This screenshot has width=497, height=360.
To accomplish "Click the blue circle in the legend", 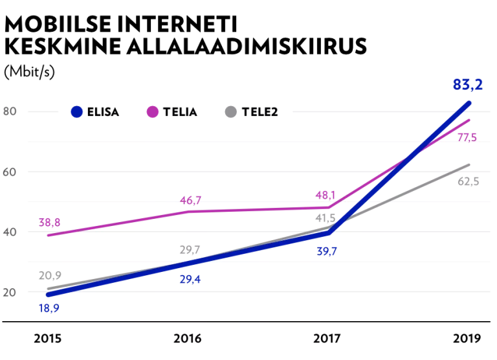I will pos(76,111).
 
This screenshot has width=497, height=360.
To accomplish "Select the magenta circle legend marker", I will pos(153,111).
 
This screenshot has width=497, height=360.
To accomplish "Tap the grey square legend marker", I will pos(230,111).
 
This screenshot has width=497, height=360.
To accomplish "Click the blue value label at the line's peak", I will pos(468,84).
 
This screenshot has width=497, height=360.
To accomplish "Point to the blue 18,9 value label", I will pos(49,309).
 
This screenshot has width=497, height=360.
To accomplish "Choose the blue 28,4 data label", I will pos(190,280).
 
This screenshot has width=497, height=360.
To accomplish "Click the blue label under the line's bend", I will pos(327,251).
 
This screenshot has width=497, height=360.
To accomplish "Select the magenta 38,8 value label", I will pos(49,223).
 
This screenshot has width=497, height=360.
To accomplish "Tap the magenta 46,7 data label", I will pos(191,200).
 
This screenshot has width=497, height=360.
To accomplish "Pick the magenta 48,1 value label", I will pos(325,195).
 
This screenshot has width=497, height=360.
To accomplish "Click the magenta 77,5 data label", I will pos(467,137).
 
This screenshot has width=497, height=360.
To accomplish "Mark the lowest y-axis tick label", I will pos(9,293).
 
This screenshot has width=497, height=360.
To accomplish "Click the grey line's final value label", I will pos(469,179).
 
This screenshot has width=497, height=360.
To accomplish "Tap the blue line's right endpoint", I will pos(470,102).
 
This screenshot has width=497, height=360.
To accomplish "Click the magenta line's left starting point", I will pos(49,234).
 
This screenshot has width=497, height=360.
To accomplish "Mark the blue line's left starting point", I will pos(47,295).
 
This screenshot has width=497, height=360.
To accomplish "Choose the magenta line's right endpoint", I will pos(469,119).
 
